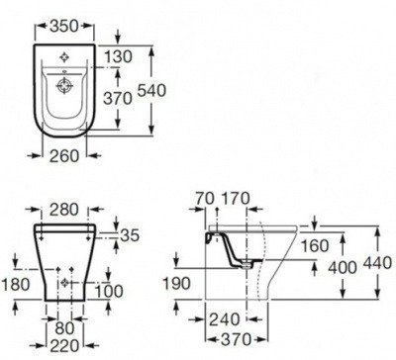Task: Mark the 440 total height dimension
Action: point(375,263)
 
